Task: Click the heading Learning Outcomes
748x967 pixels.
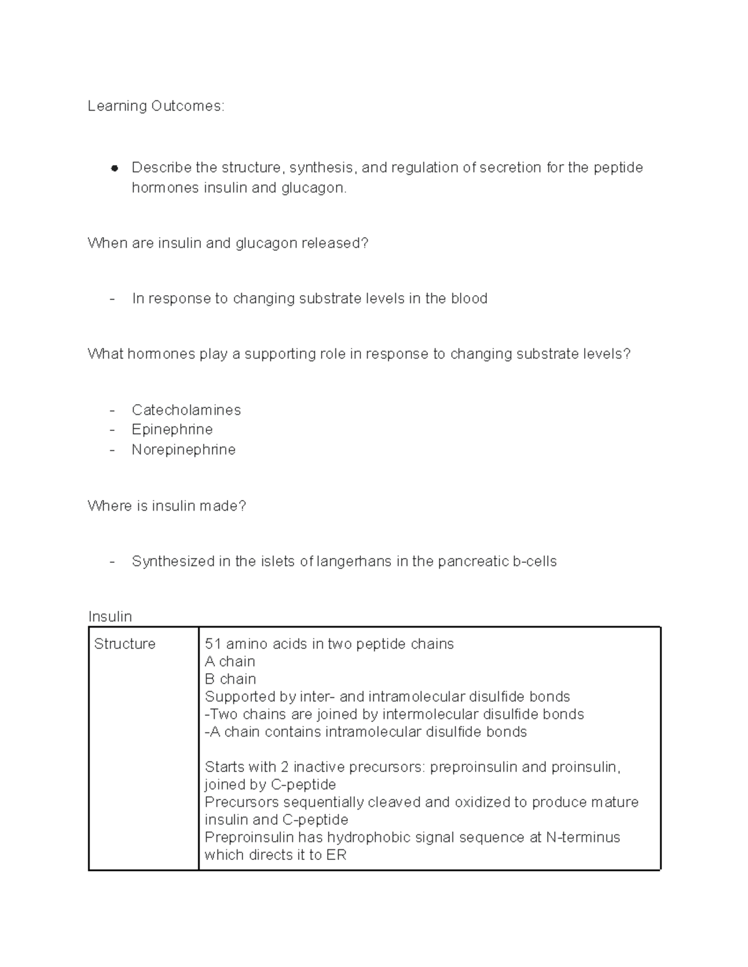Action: click(155, 106)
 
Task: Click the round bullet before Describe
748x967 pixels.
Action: click(114, 168)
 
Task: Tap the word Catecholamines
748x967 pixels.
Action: click(186, 410)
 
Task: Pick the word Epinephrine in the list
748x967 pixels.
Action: click(172, 430)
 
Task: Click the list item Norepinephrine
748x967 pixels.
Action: click(183, 450)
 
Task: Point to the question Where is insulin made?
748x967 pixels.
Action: click(166, 506)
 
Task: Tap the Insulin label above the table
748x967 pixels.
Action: click(110, 617)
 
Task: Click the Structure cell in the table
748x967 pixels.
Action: click(125, 644)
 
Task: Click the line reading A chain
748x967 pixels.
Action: click(229, 661)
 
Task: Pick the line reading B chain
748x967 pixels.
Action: click(230, 679)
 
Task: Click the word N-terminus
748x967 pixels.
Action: click(583, 837)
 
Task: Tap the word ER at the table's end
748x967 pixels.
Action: click(336, 855)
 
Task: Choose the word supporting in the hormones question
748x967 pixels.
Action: click(279, 354)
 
